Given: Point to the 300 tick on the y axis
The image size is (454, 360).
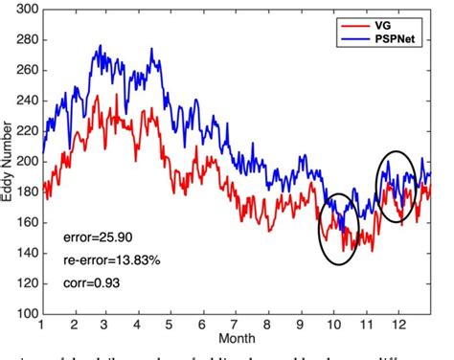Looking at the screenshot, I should (26, 9).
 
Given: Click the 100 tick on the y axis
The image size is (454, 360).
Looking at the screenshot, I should (26, 314).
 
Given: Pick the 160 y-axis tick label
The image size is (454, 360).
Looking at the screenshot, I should (26, 222).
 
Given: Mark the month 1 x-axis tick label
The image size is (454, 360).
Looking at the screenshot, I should (42, 326).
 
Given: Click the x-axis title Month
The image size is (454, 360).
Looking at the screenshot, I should (236, 339).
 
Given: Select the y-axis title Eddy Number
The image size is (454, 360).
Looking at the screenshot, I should (9, 162).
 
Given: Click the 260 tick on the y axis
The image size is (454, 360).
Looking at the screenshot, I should (26, 70).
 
